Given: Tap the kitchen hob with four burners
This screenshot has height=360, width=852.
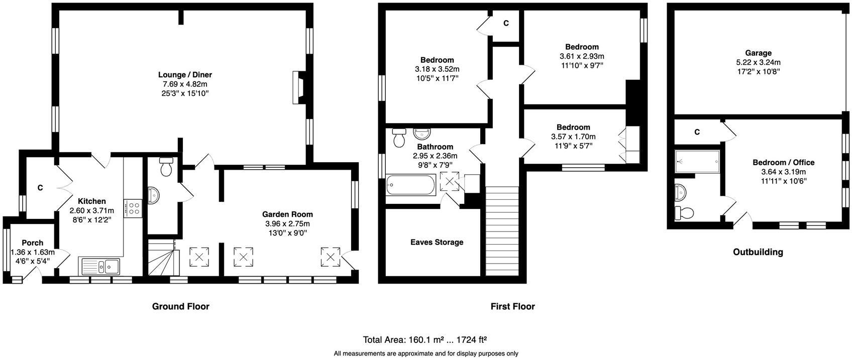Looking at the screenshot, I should tap(135, 208).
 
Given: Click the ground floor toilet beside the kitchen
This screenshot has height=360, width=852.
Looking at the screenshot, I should tap(166, 167).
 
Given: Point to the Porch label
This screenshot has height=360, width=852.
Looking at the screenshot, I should tap(32, 243).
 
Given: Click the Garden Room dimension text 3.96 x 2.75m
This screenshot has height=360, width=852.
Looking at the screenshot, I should tap(287, 223).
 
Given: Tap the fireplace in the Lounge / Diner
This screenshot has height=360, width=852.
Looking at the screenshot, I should tap(297, 87).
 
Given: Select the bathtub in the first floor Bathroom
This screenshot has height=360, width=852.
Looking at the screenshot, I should tap(410, 186).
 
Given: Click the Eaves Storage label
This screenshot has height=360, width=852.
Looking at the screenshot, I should tap(437, 242).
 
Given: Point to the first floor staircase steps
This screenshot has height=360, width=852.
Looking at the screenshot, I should tap(501, 231).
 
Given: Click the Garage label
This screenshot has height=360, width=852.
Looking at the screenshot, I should tap(758, 53).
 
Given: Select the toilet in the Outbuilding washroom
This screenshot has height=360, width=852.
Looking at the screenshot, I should tap(684, 213).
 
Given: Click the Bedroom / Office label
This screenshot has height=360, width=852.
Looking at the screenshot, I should tap(783, 163).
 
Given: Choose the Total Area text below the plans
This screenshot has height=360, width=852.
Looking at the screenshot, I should tap(425, 339).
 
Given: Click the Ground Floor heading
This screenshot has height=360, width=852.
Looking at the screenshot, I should tap(180, 306).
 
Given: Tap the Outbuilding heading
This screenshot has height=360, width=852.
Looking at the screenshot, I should tap(758, 252).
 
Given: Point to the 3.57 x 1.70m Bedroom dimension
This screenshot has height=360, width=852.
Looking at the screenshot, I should tap(573, 137).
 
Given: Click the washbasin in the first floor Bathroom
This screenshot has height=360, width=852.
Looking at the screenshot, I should tap(421, 134).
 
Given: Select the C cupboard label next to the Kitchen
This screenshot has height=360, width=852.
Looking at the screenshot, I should tap(40, 188).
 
